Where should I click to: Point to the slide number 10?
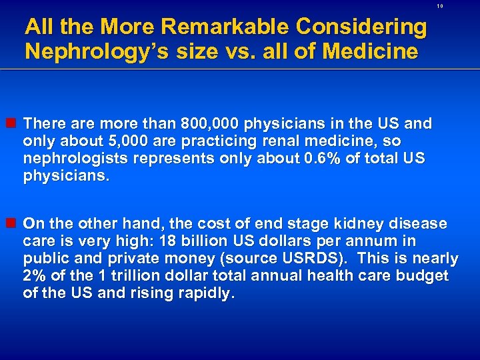coord(440,6)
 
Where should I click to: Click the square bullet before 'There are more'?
coord(13,124)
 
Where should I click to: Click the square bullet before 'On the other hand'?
coord(13,223)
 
